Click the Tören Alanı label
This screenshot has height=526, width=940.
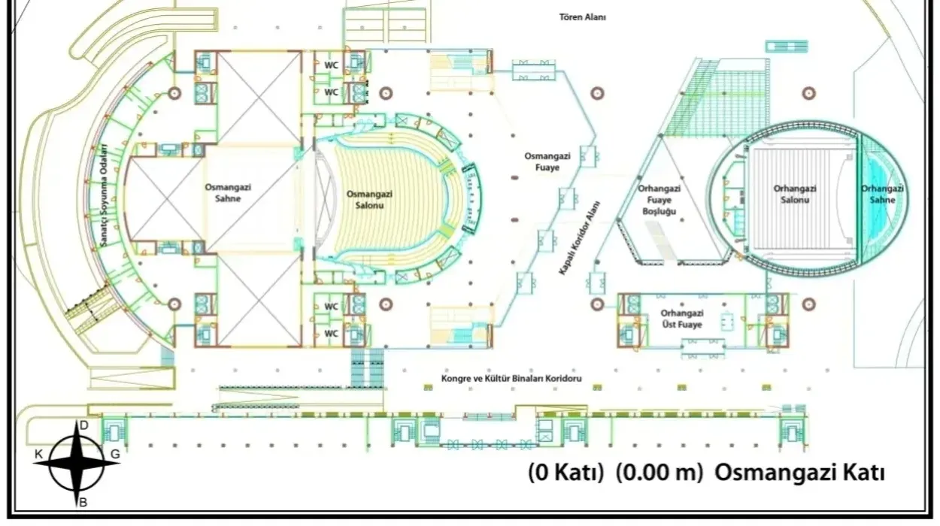tap(582, 17)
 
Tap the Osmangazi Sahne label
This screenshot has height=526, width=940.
tap(228, 193)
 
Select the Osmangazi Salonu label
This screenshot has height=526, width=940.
tap(369, 200)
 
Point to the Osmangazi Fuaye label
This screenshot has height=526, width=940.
tap(547, 162)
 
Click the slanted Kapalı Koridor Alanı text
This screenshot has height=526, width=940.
tap(580, 238)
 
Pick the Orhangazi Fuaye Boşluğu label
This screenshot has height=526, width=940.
tap(660, 200)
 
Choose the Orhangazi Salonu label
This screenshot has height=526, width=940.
tap(795, 194)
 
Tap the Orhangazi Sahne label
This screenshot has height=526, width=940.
tap(882, 194)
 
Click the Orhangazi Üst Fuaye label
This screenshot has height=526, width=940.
tap(682, 319)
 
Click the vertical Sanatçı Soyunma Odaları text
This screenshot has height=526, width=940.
tap(104, 195)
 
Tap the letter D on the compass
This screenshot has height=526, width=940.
tap(84, 426)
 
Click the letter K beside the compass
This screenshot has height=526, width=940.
tap(38, 455)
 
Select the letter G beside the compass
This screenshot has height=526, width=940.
tap(115, 454)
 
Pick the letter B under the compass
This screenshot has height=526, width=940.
tap(83, 502)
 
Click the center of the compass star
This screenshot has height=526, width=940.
tap(77, 464)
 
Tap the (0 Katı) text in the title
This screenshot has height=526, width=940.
tap(566, 473)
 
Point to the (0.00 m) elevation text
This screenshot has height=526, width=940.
tap(660, 473)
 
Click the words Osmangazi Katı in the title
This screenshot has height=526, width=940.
tap(800, 473)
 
